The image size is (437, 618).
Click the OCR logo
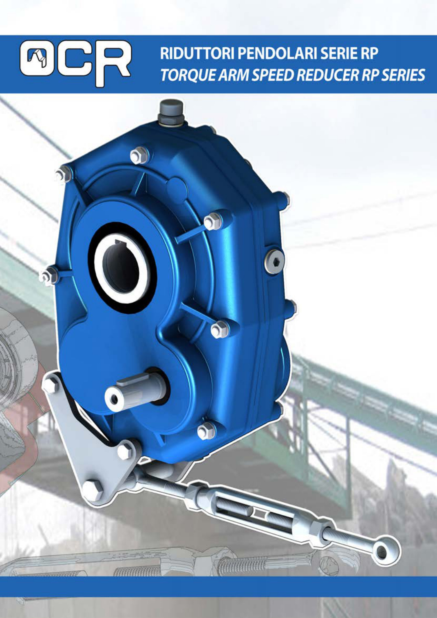point(75,63)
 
